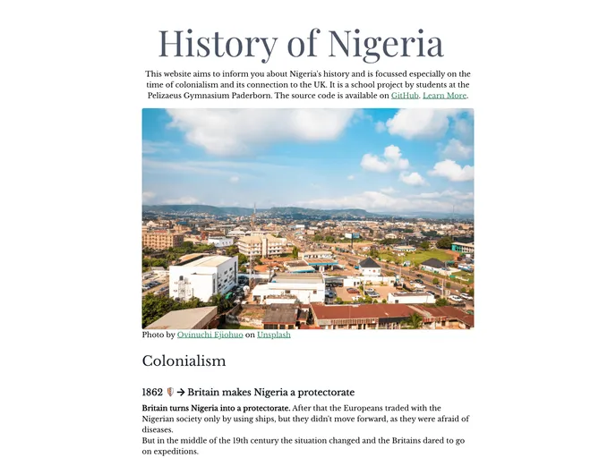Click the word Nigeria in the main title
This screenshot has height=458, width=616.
pyautogui.click(x=386, y=43)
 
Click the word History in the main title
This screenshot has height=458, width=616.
pyautogui.click(x=218, y=43)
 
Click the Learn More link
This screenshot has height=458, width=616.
pyautogui.click(x=444, y=96)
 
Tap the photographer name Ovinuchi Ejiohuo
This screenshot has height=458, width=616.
pyautogui.click(x=210, y=335)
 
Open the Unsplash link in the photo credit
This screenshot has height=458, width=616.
pyautogui.click(x=273, y=335)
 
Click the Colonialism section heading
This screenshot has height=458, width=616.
pyautogui.click(x=184, y=360)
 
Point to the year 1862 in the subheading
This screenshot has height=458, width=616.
pyautogui.click(x=152, y=392)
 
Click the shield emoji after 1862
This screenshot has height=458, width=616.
pyautogui.click(x=170, y=392)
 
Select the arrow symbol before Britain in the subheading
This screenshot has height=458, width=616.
pyautogui.click(x=180, y=392)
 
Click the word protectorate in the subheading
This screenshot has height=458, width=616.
pyautogui.click(x=322, y=392)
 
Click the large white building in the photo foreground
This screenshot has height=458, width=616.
pyautogui.click(x=203, y=277)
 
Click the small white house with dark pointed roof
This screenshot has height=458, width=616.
pyautogui.click(x=369, y=267)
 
